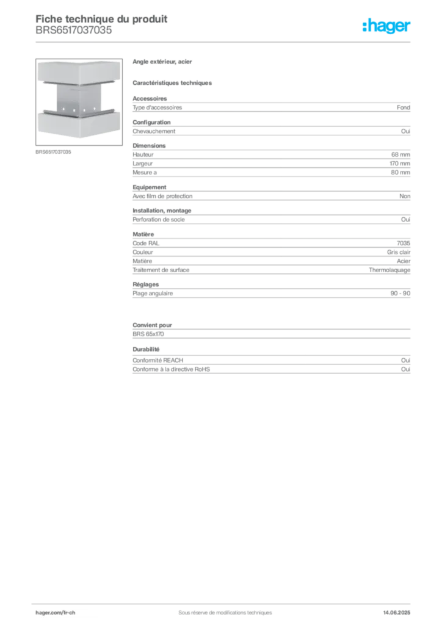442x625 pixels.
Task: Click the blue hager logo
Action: pos(387,27)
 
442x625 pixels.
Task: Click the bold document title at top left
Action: pos(101,18)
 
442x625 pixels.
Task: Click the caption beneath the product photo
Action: pos(54,151)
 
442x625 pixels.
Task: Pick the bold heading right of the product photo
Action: pos(163,62)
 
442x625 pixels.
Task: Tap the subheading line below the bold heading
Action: pos(173,82)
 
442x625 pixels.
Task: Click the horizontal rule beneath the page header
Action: pos(224,42)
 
